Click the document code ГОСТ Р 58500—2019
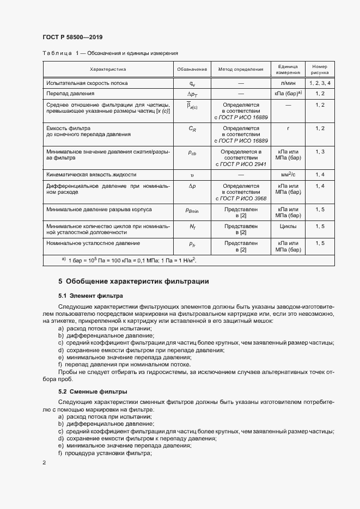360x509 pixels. click(72, 37)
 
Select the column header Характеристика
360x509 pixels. click(108, 69)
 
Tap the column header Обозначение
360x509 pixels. click(192, 69)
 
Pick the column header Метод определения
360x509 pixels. click(240, 69)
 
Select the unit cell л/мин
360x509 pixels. click(288, 83)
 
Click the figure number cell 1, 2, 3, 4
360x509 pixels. click(320, 83)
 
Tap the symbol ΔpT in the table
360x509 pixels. click(192, 94)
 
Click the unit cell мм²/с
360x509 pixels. click(288, 175)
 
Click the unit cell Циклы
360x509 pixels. click(288, 226)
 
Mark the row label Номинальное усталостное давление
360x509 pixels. click(93, 243)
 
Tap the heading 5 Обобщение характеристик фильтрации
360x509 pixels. click(133, 281)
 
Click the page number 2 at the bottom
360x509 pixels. click(44, 463)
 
